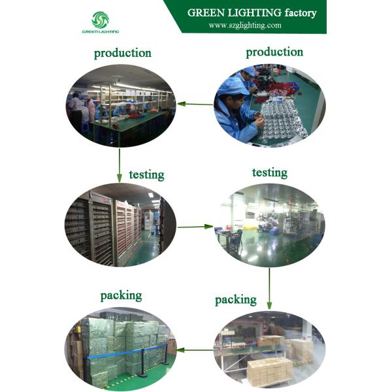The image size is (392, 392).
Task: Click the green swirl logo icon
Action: coord(101,19)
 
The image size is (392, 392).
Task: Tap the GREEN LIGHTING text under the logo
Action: coord(101,31)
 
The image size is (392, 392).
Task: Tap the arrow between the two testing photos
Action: coord(195,227)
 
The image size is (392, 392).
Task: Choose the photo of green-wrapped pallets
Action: coord(122,348)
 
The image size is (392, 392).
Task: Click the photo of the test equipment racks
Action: coord(122,225)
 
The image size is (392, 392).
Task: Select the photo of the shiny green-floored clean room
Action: coord(269,225)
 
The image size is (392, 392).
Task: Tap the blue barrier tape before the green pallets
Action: coord(118,357)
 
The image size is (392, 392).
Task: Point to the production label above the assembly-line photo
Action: coord(122,54)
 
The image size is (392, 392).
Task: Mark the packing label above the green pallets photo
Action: coord(121,296)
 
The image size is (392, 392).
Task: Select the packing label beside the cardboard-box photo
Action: coord(235,299)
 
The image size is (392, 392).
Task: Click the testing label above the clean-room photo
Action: coord(269,172)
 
